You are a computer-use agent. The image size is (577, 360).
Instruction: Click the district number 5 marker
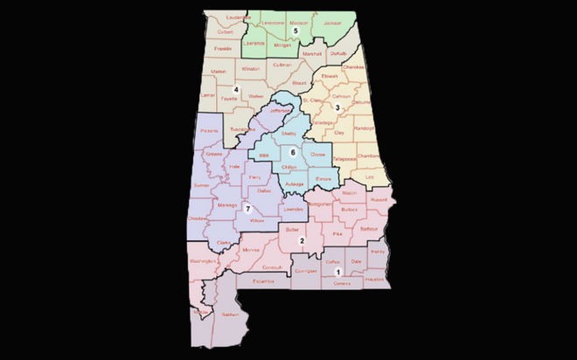[295, 31]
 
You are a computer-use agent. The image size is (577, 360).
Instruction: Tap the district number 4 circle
[236, 89]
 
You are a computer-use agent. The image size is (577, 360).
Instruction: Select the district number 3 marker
[337, 107]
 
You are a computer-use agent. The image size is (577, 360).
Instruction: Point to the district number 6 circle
[293, 152]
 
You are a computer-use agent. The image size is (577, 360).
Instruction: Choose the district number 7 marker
[248, 208]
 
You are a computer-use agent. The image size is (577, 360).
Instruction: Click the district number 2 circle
[302, 241]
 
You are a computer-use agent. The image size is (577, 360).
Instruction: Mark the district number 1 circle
[337, 273]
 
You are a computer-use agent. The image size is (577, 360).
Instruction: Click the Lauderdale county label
[232, 17]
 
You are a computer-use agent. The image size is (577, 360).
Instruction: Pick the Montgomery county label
[318, 204]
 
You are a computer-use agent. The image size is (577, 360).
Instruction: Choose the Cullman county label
[282, 65]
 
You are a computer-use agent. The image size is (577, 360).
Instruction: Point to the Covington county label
[305, 271]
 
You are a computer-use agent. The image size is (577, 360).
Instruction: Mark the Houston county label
[374, 279]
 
